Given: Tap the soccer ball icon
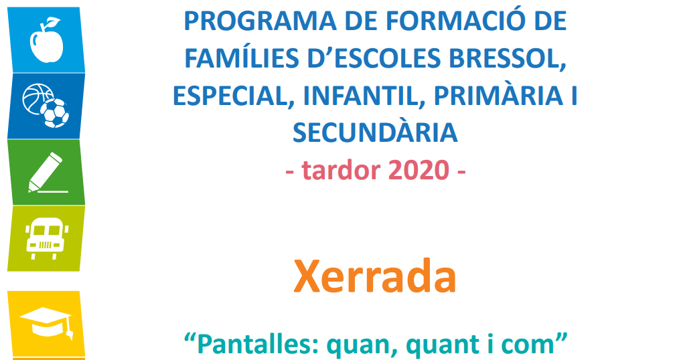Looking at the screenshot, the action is point(55,113).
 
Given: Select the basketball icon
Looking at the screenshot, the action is point(37,98).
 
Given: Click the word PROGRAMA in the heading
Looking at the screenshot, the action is point(260,21).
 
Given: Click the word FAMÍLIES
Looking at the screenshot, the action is point(242,58).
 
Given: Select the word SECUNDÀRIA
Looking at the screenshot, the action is point(375,132).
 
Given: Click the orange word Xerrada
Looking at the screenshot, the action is point(375,277).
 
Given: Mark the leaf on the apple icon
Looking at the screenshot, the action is point(53,21).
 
